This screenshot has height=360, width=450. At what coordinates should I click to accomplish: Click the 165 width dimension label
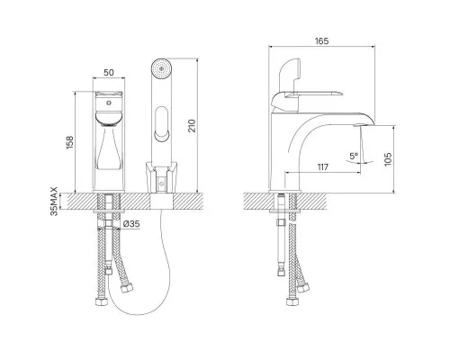pyautogui.click(x=321, y=40)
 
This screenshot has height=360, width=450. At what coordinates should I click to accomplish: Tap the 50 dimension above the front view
pyautogui.click(x=109, y=72)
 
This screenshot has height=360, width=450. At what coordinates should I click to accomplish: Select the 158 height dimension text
pyautogui.click(x=69, y=143)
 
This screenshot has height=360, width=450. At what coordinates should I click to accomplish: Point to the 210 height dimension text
pyautogui.click(x=192, y=126)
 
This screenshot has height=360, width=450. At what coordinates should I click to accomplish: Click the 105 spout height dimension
pyautogui.click(x=388, y=158)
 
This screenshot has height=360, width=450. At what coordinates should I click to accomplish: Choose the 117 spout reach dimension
pyautogui.click(x=323, y=166)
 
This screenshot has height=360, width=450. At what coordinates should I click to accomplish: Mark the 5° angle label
pyautogui.click(x=354, y=157)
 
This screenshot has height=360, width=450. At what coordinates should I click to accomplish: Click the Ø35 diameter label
pyautogui.click(x=131, y=224)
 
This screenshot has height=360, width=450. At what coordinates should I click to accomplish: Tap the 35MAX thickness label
pyautogui.click(x=54, y=202)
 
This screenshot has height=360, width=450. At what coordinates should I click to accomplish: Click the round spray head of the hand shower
pyautogui.click(x=161, y=69)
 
